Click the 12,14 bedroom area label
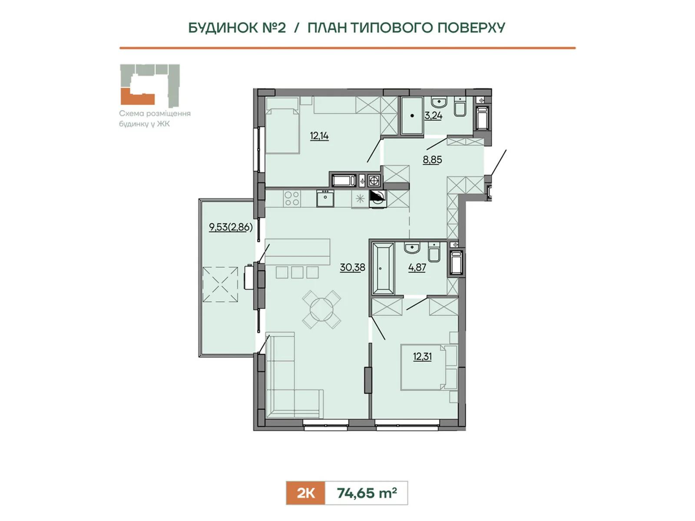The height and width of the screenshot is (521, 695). coord(319,136)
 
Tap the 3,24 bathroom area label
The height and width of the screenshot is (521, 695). coord(433,115)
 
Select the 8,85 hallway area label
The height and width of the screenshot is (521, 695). coord(432,160)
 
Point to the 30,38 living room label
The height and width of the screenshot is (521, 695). coord(352,267)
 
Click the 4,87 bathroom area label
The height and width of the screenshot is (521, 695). coord(417,267)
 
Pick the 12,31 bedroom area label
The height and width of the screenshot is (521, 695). coord(422,357)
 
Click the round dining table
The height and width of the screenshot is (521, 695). coord(321,310)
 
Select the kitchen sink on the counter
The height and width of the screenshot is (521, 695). coord(325,198)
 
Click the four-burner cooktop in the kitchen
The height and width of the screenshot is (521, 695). coord(291,198)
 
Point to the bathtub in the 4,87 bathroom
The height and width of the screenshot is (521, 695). coord(383,269)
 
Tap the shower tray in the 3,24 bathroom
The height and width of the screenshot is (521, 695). coord(412,116)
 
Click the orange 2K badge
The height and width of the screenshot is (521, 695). coord(305,493)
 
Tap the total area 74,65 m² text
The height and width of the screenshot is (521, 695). coord(367,493)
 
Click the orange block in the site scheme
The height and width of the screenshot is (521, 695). coord(137,96)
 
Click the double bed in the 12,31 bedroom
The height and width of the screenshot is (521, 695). coord(429,368)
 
